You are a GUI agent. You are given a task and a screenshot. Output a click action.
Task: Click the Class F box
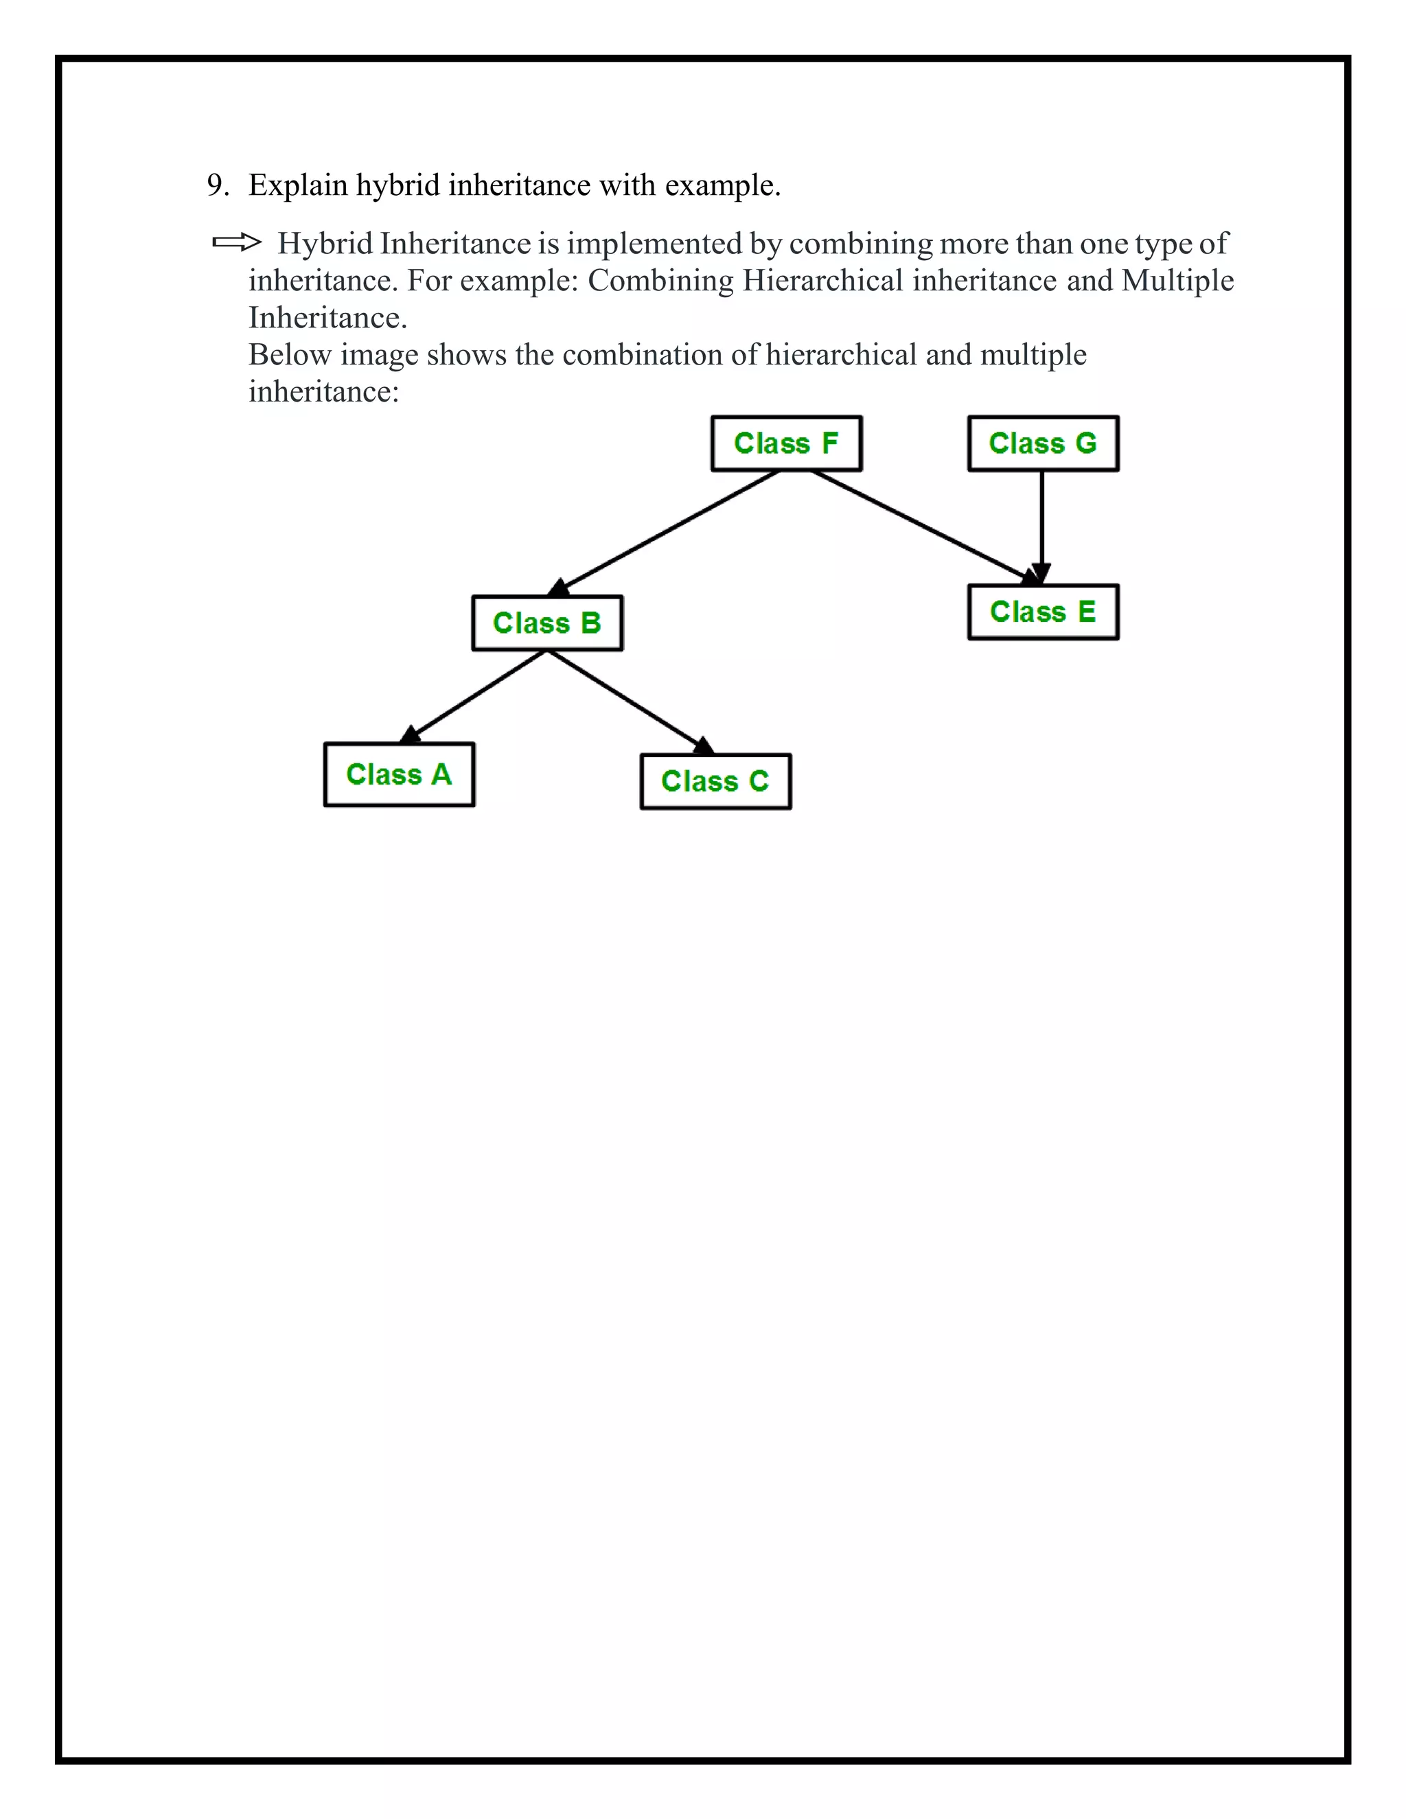pos(786,443)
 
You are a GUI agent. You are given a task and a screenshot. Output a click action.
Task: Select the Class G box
pos(1043,443)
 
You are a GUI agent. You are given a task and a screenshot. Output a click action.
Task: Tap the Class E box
pos(1043,612)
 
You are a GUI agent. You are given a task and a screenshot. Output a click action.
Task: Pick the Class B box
pos(547,623)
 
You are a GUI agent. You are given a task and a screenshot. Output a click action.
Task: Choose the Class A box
pos(399,774)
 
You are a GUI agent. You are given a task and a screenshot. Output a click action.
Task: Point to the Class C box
pos(715,781)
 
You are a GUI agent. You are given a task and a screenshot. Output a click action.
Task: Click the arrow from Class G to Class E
pos(1042,524)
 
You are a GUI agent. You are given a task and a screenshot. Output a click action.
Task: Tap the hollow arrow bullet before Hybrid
pos(237,243)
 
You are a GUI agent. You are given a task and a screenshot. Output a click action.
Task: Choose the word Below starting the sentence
pos(290,355)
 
